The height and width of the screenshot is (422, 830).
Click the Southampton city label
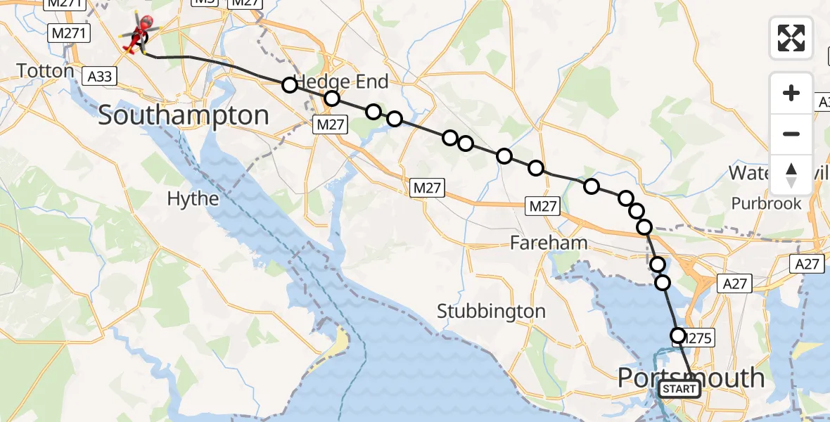[183, 115]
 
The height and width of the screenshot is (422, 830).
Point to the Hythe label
[193, 199]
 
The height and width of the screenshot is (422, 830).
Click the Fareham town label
[539, 244]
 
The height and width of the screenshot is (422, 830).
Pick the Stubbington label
[491, 311]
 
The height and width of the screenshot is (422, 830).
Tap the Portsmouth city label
[691, 378]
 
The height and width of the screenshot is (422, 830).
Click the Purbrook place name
[766, 203]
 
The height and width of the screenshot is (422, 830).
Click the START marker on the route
[679, 389]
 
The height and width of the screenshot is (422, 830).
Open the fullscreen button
[791, 37]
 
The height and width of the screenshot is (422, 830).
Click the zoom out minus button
[791, 134]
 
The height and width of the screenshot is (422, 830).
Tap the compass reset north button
[791, 175]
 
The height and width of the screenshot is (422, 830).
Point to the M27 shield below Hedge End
[330, 124]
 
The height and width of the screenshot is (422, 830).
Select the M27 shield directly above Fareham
[542, 206]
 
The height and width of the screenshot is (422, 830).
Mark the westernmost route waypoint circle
[289, 85]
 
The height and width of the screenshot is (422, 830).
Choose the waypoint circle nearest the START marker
[678, 335]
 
